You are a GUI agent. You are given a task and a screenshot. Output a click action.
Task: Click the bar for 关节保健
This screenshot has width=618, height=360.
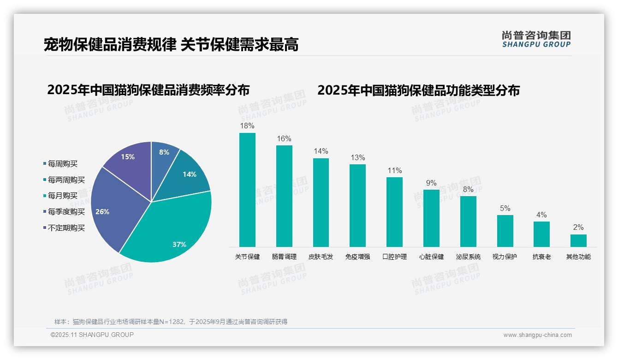point(247,190)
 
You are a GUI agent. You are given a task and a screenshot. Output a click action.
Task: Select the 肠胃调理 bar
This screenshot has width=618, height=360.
point(284,196)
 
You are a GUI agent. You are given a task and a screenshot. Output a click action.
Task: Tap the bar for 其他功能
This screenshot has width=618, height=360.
point(578,240)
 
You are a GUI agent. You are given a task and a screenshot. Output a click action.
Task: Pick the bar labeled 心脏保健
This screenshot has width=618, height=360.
point(431,218)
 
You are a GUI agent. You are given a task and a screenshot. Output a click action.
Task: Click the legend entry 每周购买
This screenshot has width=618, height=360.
point(62,164)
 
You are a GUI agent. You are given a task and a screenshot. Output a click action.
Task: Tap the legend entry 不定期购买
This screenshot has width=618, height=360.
point(66,228)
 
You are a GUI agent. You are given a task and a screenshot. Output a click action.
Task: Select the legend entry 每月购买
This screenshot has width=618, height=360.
point(62,196)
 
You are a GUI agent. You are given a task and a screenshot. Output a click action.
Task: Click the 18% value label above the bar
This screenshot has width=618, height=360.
point(247,126)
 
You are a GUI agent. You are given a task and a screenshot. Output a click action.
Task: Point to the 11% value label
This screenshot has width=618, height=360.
point(394,170)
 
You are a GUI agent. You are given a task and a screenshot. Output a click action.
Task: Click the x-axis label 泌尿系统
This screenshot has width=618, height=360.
point(468,257)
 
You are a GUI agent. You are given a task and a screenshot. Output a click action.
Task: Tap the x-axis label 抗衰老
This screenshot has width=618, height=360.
point(541,257)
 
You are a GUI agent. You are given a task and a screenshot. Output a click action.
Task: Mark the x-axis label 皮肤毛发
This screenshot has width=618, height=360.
point(321,257)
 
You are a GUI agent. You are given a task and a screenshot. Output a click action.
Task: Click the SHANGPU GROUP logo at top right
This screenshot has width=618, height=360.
point(536,39)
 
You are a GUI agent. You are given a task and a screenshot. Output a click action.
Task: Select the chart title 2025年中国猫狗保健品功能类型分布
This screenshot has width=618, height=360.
point(418,90)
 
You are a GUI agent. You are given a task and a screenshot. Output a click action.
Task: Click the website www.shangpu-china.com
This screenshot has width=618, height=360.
point(537,335)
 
